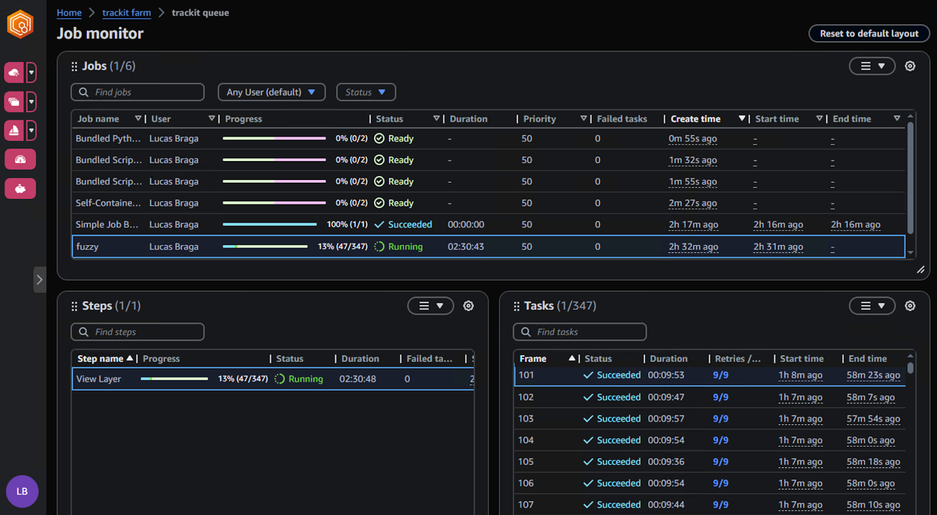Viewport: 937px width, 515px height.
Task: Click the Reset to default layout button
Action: [x=868, y=33]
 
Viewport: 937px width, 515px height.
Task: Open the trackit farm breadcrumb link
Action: [x=126, y=12]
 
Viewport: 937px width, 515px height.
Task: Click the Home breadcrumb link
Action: [x=69, y=12]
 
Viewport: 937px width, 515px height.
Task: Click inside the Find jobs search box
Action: [x=143, y=92]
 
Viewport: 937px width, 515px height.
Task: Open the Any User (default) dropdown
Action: [x=271, y=92]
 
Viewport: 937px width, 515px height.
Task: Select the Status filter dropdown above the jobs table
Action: [x=365, y=92]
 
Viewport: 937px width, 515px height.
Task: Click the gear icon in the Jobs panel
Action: [x=909, y=66]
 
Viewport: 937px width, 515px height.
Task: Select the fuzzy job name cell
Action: [x=87, y=247]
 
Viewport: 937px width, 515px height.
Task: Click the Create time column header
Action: [x=695, y=119]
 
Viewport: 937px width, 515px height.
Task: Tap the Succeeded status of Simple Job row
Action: [x=409, y=224]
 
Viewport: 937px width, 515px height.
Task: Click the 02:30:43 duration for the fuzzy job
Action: [x=466, y=247]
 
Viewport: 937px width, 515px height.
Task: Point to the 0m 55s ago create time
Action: [x=692, y=139]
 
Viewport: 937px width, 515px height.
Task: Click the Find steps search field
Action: [x=143, y=332]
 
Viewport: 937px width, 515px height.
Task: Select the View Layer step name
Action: [x=98, y=379]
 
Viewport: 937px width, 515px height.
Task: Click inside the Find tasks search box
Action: [x=586, y=332]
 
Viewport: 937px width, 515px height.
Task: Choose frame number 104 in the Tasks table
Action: [x=526, y=440]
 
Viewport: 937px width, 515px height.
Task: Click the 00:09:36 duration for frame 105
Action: [x=666, y=462]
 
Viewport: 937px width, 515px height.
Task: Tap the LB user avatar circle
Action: [x=22, y=491]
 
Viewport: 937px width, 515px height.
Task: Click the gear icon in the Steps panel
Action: [x=468, y=306]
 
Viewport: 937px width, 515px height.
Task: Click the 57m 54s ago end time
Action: [x=873, y=419]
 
